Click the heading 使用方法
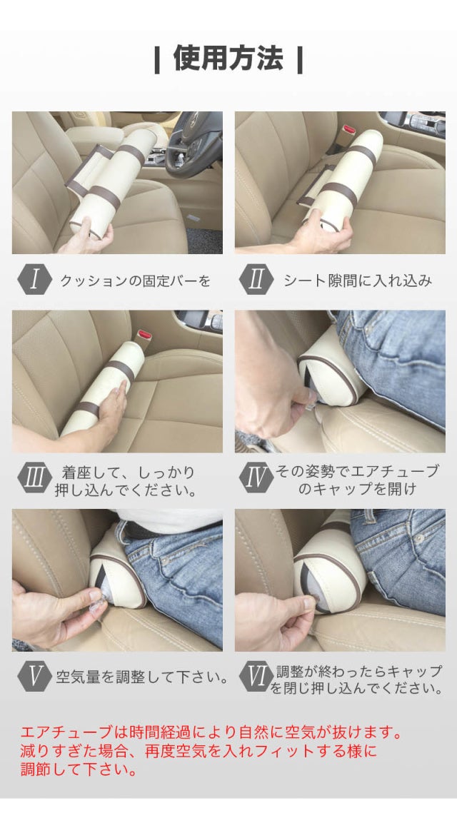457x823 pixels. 228,59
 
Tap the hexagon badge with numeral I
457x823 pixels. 35,281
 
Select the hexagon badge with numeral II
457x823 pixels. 256,281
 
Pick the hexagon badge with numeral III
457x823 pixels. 35,478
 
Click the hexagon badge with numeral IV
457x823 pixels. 256,478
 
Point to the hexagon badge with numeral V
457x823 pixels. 35,677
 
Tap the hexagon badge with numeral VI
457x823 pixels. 256,677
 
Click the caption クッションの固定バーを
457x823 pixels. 135,281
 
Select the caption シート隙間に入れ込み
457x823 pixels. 358,281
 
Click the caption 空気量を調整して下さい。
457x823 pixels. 142,677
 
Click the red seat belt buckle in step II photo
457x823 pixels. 349,129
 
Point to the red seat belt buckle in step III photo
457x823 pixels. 143,334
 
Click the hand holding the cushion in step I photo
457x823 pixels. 86,240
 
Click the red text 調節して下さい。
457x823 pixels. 79,769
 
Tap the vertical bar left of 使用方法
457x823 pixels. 157,61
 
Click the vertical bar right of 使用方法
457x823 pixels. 299,61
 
